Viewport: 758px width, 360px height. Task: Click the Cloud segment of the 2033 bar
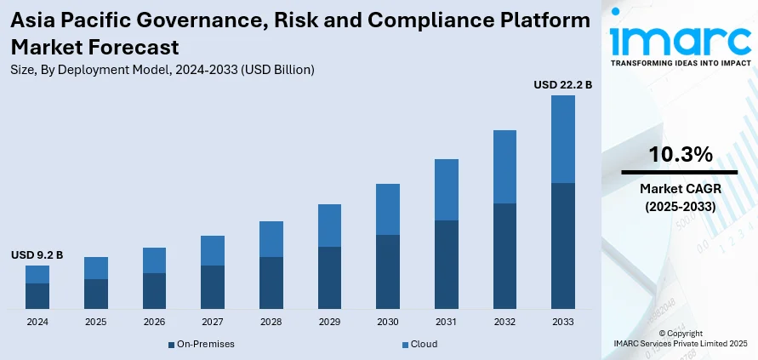562,139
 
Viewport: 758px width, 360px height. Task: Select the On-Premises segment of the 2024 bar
37,295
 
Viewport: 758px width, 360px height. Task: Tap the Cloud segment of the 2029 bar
329,226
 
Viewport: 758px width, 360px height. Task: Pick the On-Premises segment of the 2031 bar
446,264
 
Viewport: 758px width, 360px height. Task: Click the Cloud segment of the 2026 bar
154,260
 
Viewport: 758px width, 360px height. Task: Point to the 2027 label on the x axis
213,323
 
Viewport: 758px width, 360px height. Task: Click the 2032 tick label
504,323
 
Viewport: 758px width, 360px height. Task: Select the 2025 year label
96,323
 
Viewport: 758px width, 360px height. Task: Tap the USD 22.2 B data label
562,85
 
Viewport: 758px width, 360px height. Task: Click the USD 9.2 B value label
37,254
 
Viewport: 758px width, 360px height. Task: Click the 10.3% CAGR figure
679,154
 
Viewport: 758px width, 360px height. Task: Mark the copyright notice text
679,337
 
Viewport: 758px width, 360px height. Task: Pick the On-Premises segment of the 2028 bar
271,283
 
